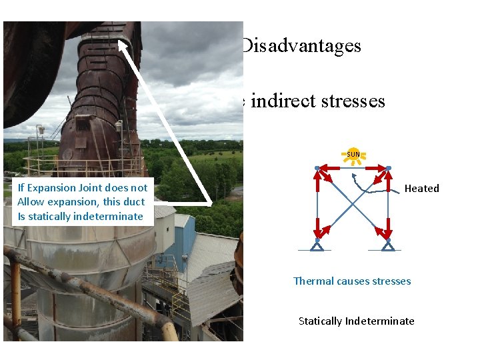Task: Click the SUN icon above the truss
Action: pos(353,155)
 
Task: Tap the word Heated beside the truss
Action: pos(421,189)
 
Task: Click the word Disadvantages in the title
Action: pos(301,46)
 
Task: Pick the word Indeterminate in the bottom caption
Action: pos(380,321)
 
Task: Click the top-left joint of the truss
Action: pos(317,168)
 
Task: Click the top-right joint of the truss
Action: pos(388,168)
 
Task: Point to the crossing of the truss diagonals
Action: pos(353,203)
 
